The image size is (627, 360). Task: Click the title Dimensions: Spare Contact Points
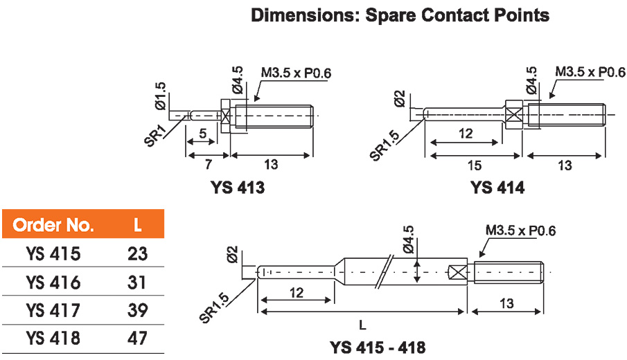[400, 15]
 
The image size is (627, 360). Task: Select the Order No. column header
[53, 225]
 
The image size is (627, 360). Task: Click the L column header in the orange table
[138, 225]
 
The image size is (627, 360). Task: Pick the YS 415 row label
[53, 253]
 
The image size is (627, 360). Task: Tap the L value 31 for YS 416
[138, 282]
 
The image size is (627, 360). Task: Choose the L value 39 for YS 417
[138, 311]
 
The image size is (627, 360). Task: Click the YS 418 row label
[53, 339]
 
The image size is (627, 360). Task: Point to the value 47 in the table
[138, 339]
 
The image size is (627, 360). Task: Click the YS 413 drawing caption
[238, 188]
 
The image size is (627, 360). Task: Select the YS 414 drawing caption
[497, 188]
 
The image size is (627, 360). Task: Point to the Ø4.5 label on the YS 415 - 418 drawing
[408, 239]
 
